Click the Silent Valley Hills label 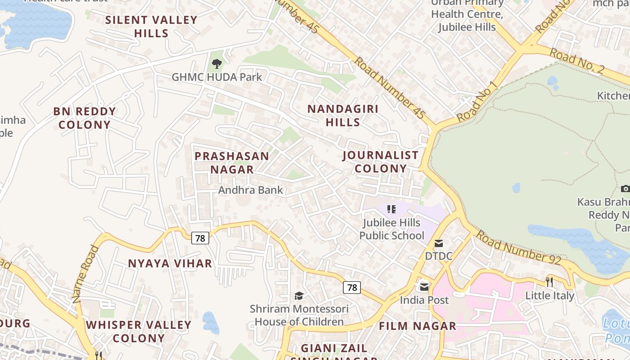tap(151, 27)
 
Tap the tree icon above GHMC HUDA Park tap(217, 64)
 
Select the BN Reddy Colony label tap(85, 118)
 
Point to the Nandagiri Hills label tap(343, 116)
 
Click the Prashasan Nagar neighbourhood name tap(232, 163)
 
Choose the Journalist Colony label tap(381, 162)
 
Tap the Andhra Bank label tap(251, 190)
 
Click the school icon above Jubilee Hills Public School tap(391, 209)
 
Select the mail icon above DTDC tap(439, 243)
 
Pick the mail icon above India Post tap(424, 287)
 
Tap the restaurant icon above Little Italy tap(549, 282)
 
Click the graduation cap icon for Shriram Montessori tap(299, 296)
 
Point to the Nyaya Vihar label tap(170, 264)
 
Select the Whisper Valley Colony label tap(139, 331)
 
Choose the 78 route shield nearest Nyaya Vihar tap(200, 238)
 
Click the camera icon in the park tap(625, 189)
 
